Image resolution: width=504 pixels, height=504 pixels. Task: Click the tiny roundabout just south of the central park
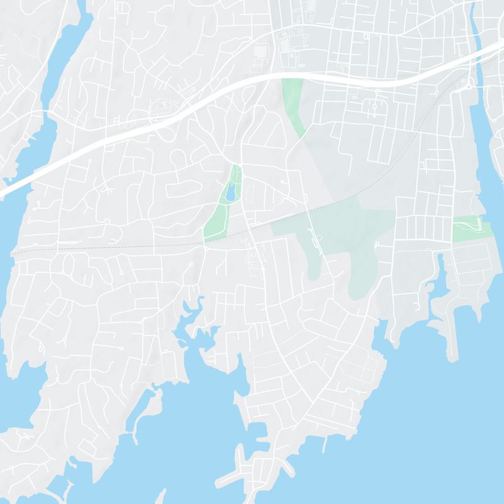[x=206, y=249]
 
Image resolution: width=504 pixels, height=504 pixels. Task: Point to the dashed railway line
[x=126, y=247]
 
